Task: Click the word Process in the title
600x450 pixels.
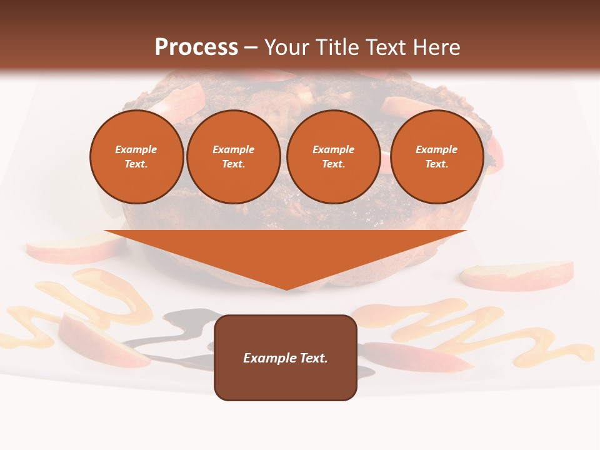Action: pyautogui.click(x=196, y=47)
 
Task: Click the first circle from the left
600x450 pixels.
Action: pyautogui.click(x=136, y=157)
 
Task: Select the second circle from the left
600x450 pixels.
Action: pyautogui.click(x=233, y=157)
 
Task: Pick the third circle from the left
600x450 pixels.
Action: pyautogui.click(x=333, y=157)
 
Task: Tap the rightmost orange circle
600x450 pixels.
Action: pyautogui.click(x=436, y=157)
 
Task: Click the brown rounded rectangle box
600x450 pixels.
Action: pyautogui.click(x=286, y=357)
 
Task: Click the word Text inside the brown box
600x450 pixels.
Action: pyautogui.click(x=312, y=358)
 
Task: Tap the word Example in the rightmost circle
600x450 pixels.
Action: pyautogui.click(x=436, y=149)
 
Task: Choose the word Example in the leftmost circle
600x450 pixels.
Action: pyautogui.click(x=136, y=149)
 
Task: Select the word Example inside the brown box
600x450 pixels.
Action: pyautogui.click(x=269, y=358)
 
